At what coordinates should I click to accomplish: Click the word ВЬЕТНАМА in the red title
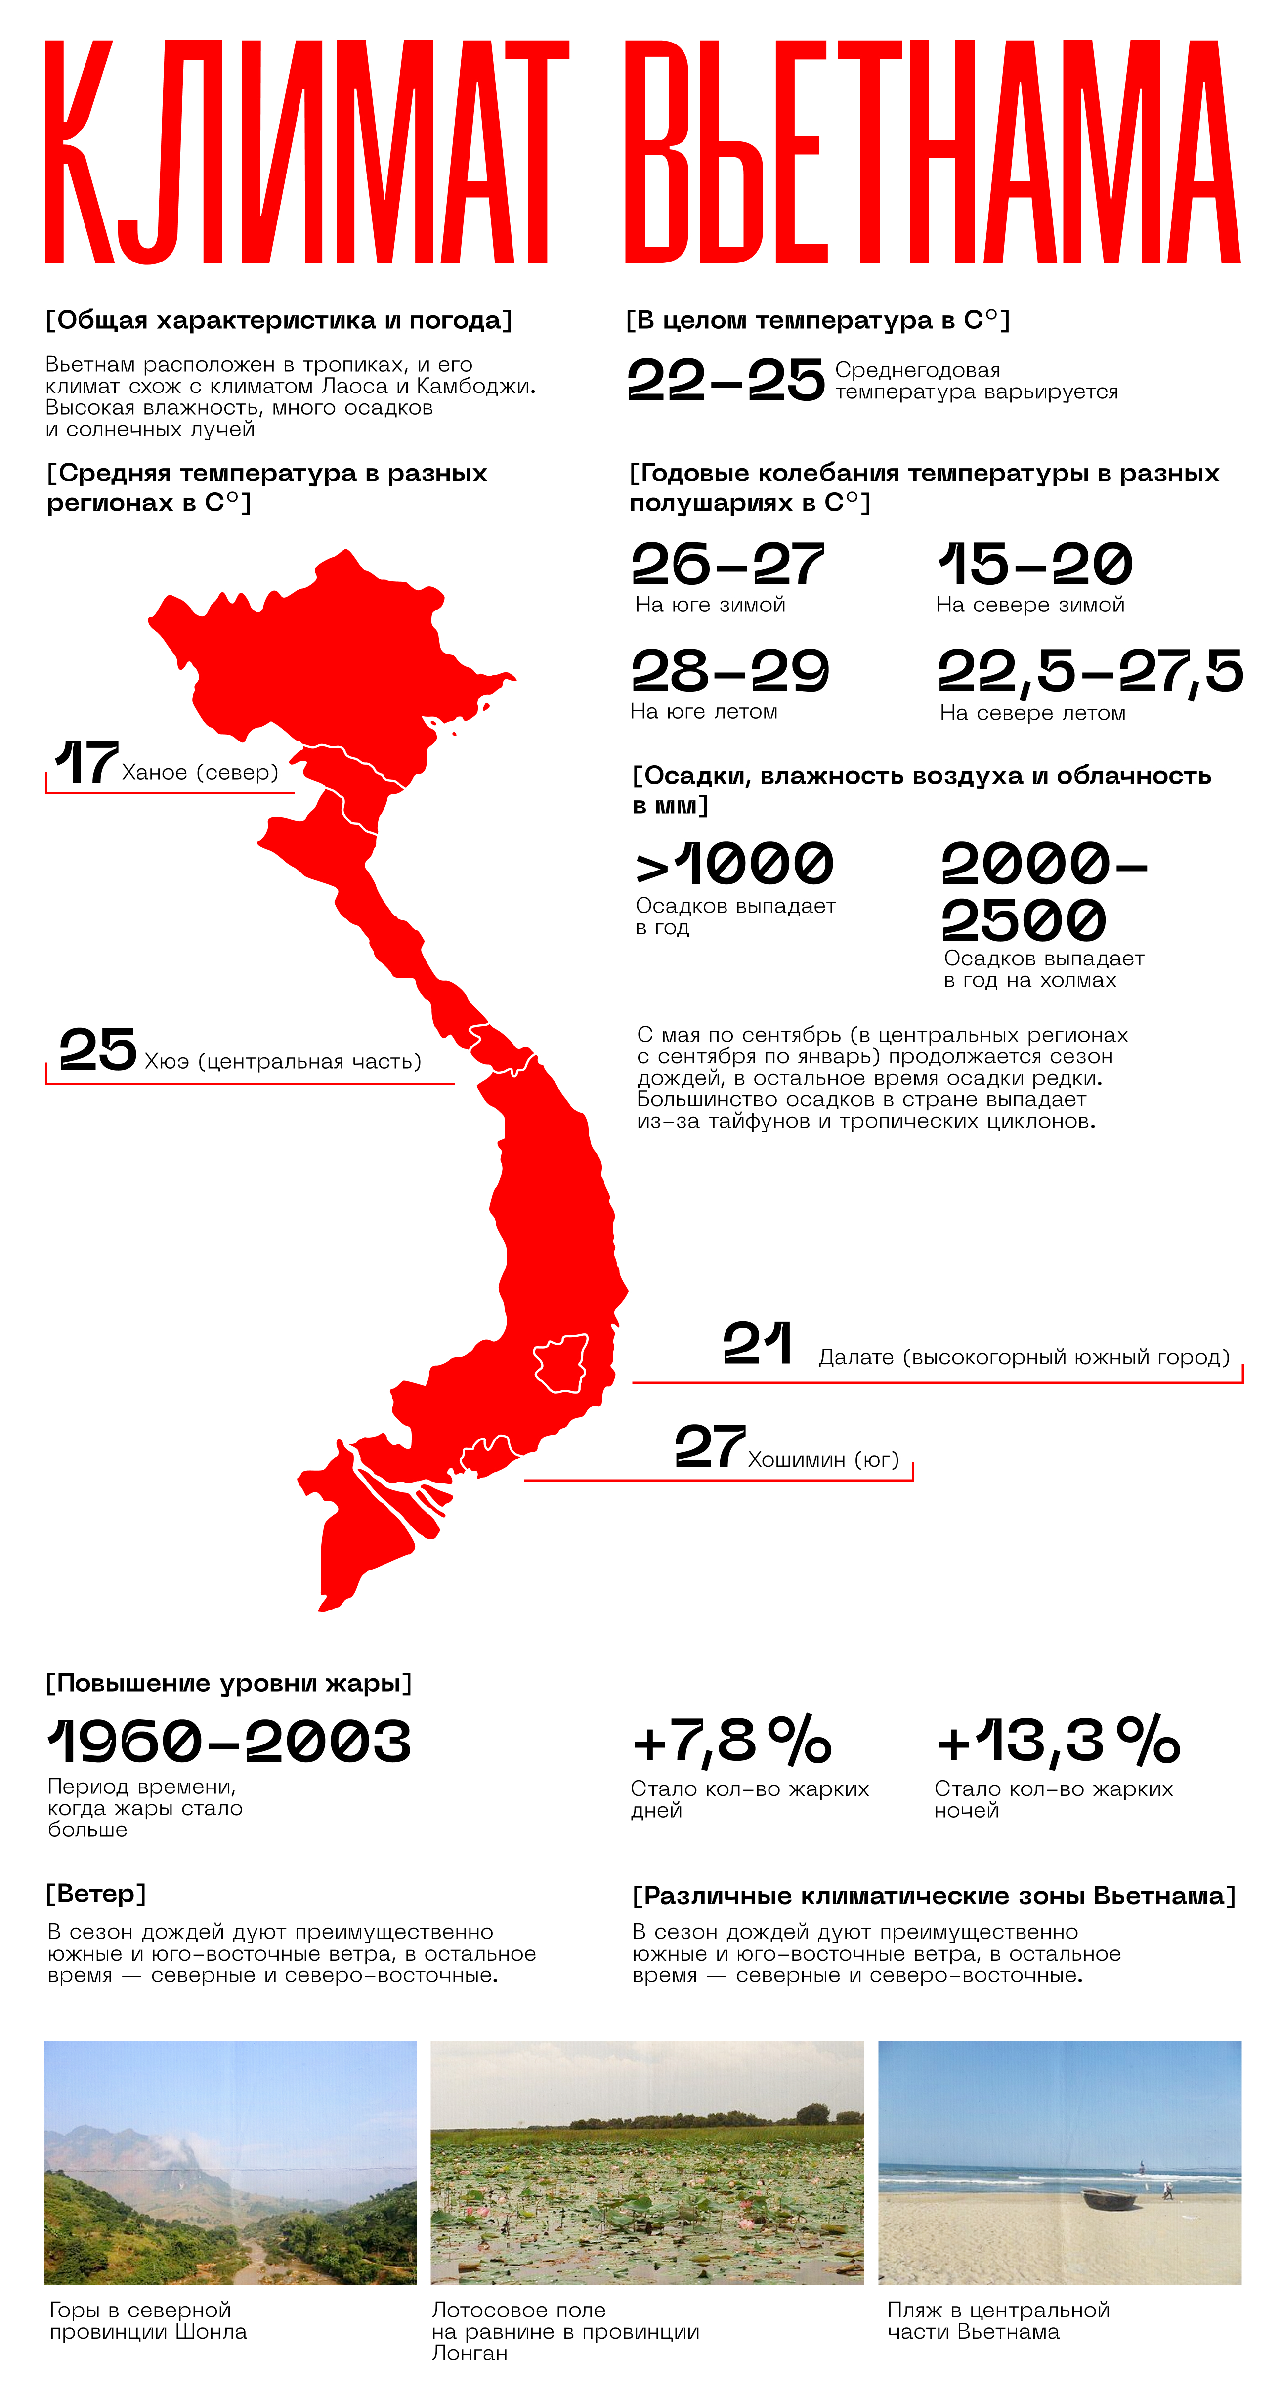931,152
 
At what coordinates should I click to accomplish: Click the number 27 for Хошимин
709,1446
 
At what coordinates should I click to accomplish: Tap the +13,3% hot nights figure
1058,1740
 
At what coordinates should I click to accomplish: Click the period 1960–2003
229,1741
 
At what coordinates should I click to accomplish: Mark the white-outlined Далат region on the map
561,1364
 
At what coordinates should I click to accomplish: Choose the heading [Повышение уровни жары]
228,1683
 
